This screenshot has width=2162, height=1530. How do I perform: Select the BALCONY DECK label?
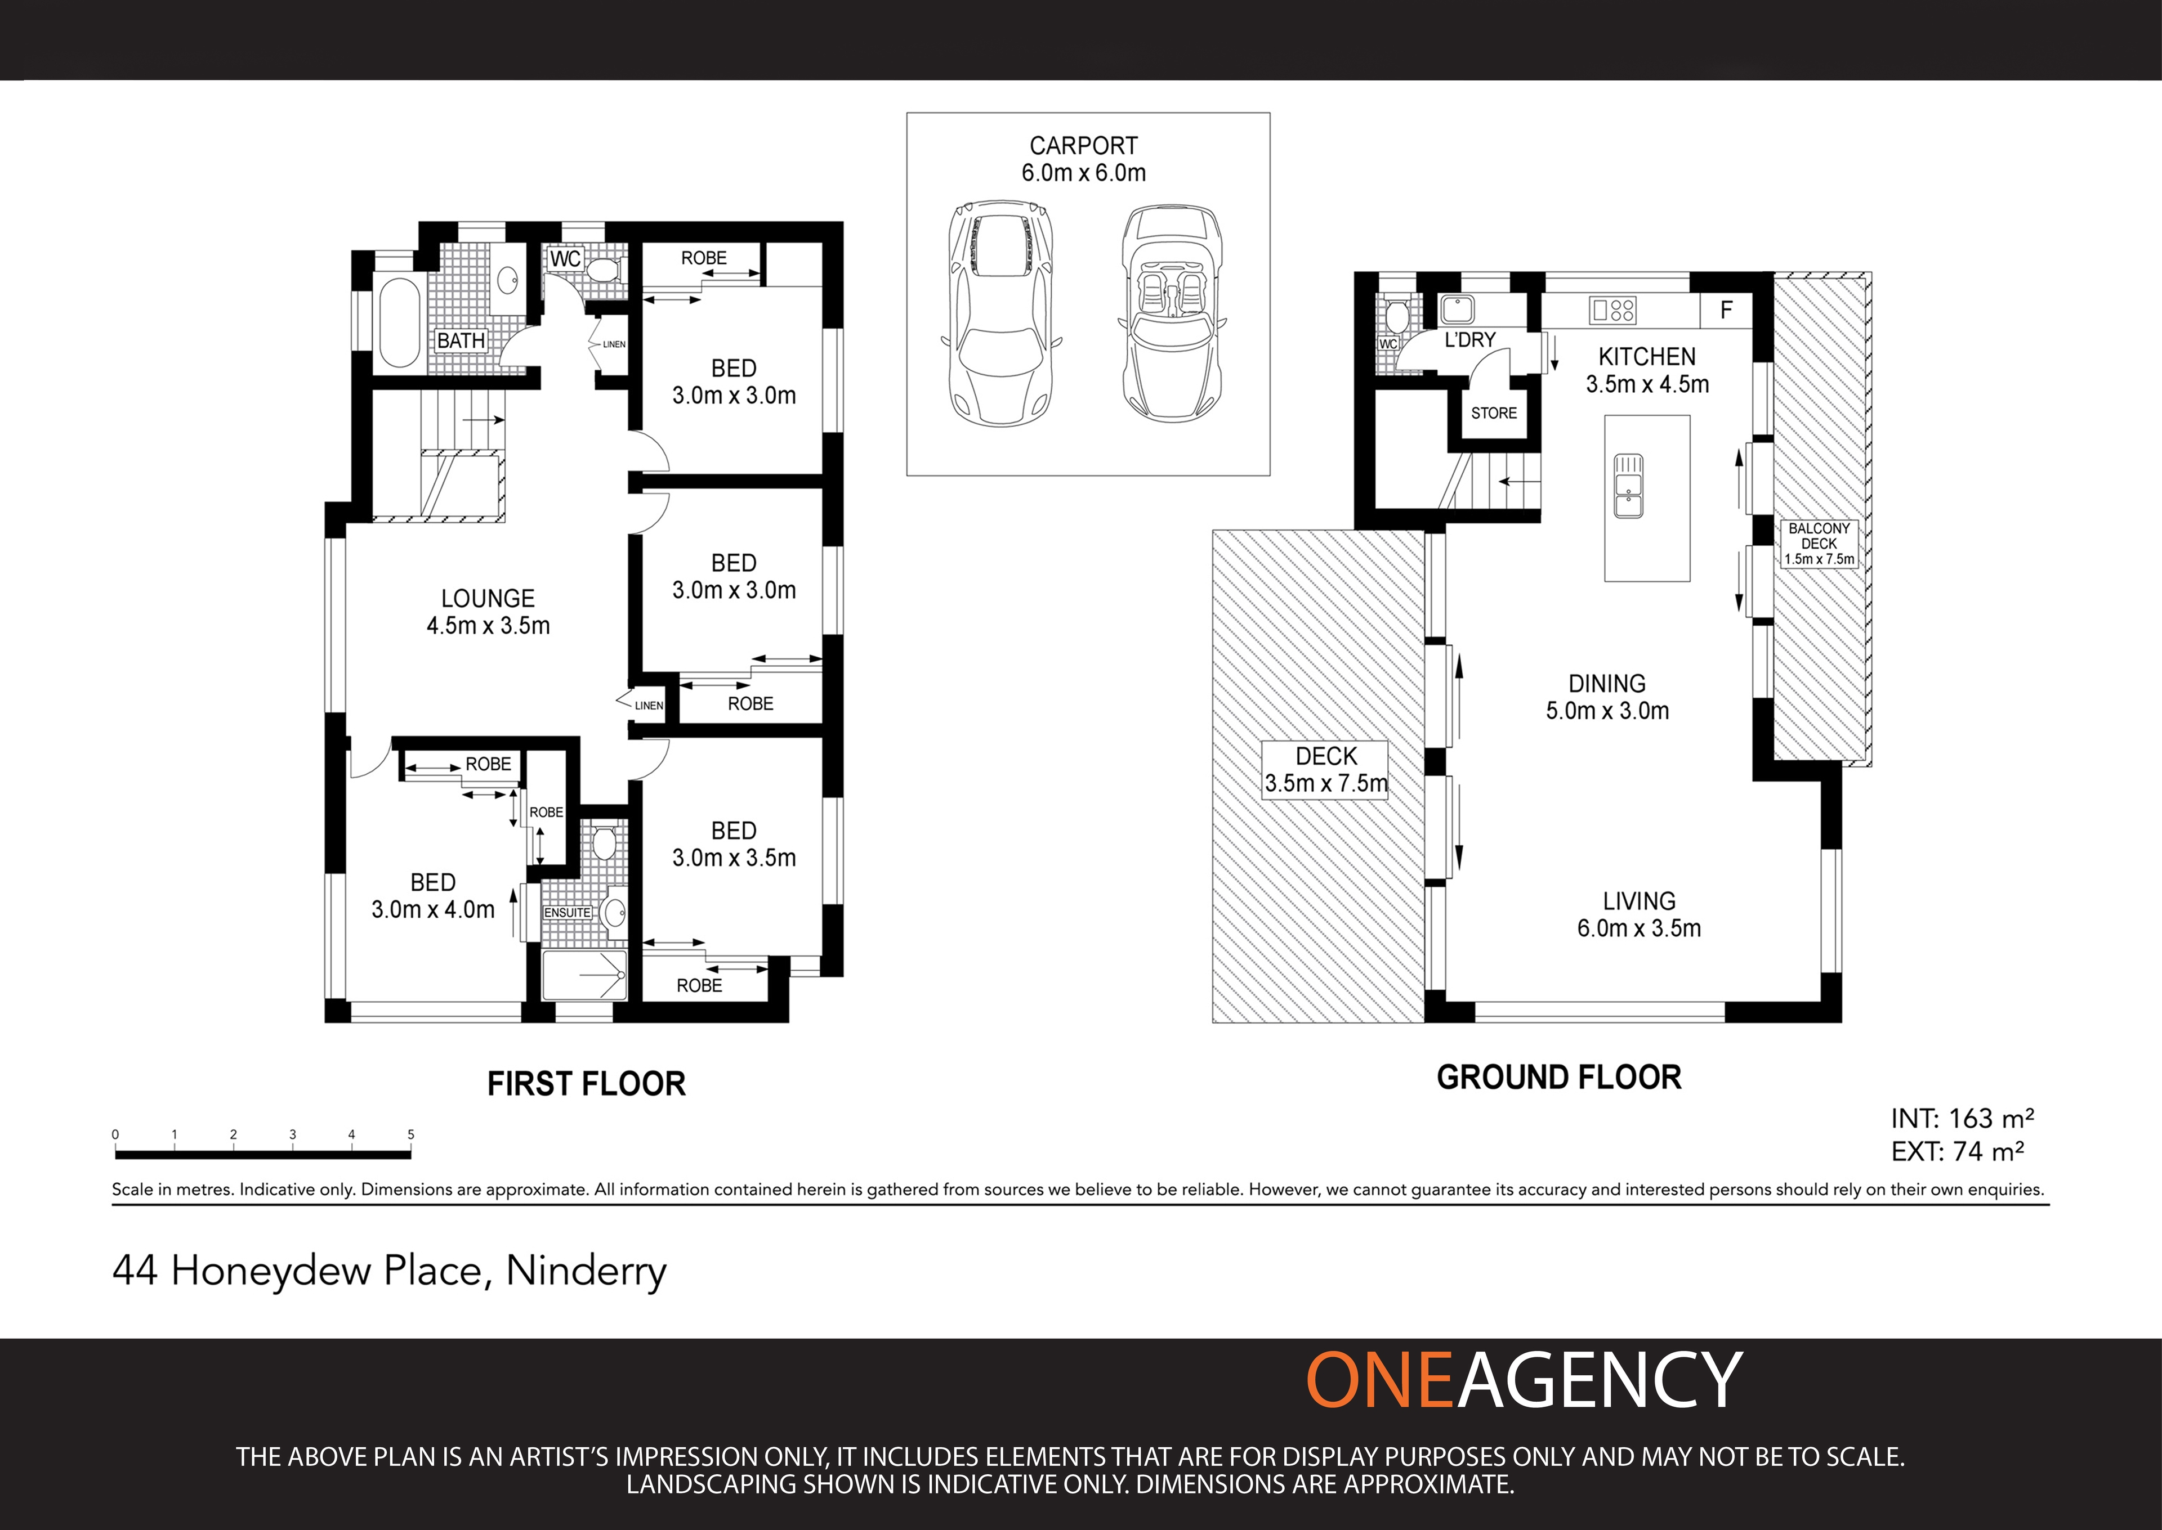coord(1819,544)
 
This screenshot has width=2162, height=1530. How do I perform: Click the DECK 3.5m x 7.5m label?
coord(1325,770)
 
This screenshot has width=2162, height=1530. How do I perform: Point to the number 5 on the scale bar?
coord(411,1134)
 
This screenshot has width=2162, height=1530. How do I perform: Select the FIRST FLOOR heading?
coord(586,1084)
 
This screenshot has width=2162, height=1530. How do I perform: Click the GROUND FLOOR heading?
coord(1559,1078)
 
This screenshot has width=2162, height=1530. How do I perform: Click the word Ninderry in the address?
coord(586,1272)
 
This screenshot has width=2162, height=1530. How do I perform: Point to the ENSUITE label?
coord(568,913)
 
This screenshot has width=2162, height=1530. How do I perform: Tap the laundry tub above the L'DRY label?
coord(1457,309)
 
